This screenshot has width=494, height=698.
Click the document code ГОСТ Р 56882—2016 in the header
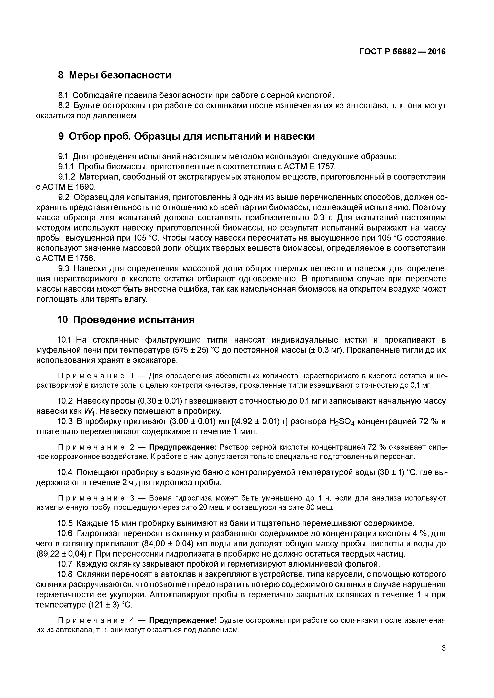[402, 52]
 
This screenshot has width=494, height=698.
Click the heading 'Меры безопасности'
[120, 75]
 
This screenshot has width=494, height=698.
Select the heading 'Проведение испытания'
[134, 320]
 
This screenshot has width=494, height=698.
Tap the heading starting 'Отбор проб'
[192, 136]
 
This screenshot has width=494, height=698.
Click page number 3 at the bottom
[443, 648]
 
